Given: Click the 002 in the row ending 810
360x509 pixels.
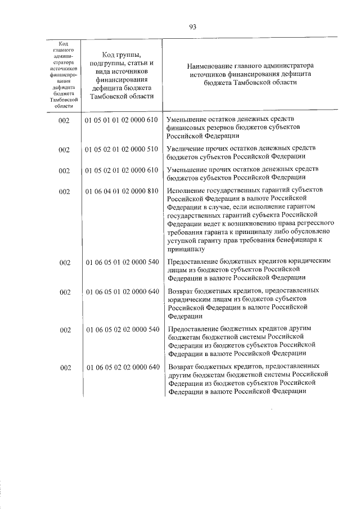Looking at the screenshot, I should pos(64,192).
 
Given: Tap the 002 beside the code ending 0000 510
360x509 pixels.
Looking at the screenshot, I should pos(64,150).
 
